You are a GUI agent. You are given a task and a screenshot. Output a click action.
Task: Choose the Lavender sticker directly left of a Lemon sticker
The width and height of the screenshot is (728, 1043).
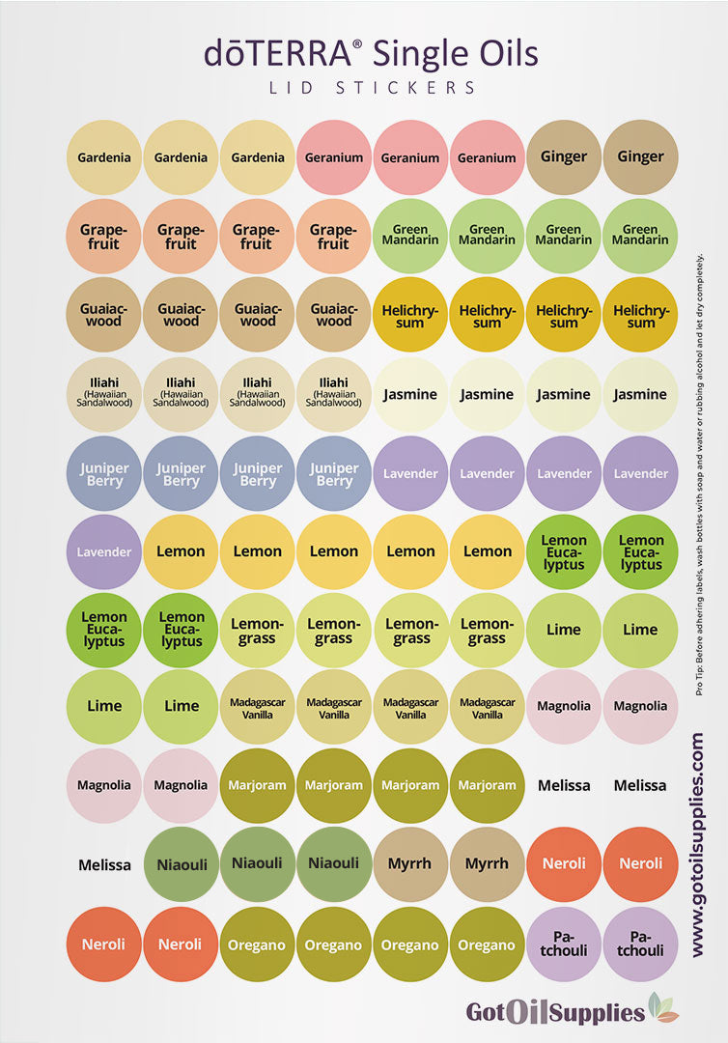point(104,551)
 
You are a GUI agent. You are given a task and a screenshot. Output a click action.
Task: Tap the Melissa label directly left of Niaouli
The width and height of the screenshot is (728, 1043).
point(104,864)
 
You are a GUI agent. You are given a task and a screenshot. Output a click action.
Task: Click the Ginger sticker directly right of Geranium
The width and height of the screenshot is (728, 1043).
point(564,156)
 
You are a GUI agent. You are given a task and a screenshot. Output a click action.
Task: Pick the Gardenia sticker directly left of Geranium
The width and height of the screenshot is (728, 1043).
point(258,157)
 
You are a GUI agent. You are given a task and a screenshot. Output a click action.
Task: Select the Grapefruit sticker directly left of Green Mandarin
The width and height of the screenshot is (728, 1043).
point(334,237)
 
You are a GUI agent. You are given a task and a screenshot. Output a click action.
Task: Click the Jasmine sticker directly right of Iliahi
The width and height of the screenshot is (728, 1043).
point(410,394)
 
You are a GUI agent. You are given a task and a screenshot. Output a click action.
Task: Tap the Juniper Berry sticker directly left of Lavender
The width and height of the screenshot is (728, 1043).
point(334,473)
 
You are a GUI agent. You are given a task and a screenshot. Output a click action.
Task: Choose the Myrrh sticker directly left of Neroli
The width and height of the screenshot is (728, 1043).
point(488,863)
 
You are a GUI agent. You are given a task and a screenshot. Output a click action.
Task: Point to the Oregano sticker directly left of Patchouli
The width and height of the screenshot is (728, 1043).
point(488,944)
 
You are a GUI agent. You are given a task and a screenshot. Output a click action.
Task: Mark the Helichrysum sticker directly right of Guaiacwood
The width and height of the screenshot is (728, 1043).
point(410,315)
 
